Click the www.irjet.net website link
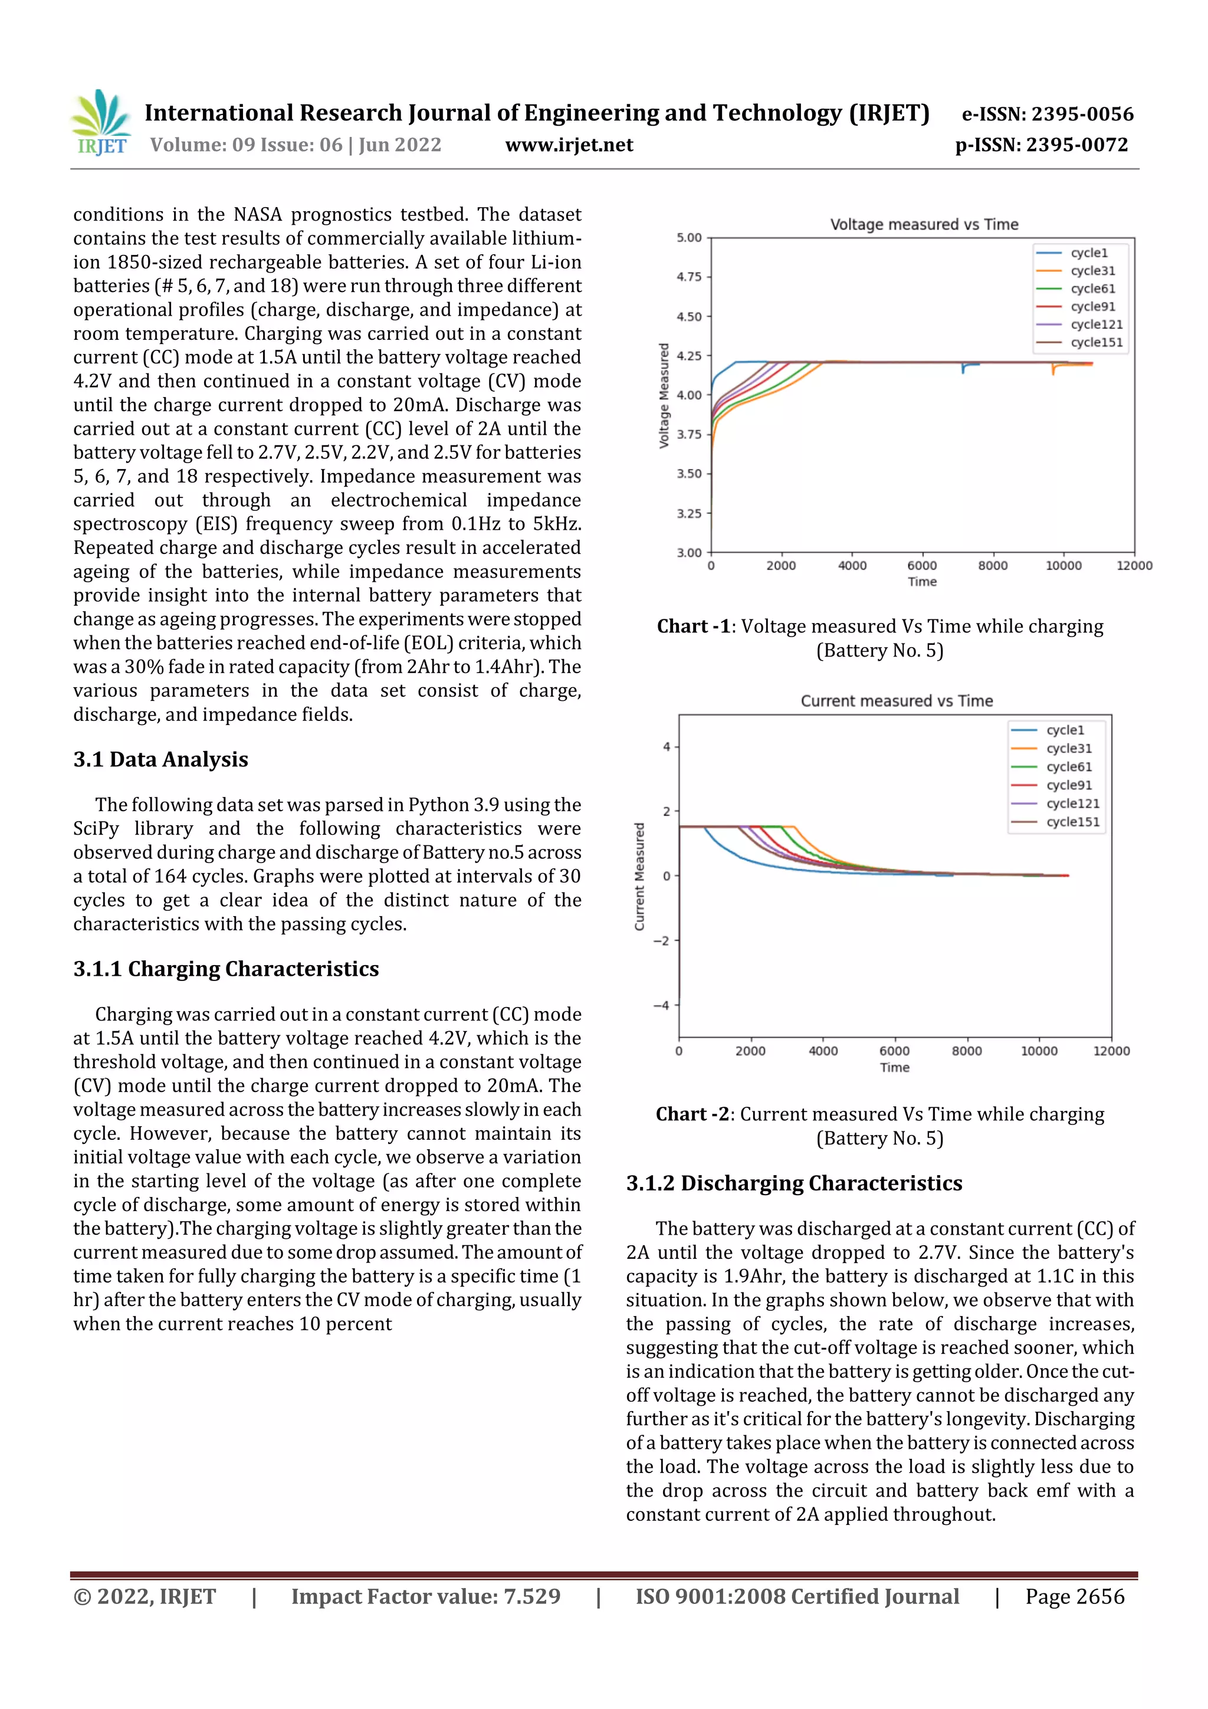click(x=569, y=145)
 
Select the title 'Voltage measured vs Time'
click(x=924, y=224)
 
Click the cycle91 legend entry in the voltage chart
click(x=1092, y=307)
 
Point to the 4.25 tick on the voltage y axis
click(x=688, y=356)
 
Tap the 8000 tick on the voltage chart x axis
click(x=992, y=566)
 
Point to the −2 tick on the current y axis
click(x=662, y=941)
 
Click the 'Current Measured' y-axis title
click(x=639, y=876)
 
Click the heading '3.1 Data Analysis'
click(x=161, y=759)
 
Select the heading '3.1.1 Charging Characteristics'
click(x=225, y=969)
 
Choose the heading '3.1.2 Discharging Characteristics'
click(x=793, y=1183)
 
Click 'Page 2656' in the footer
click(x=1074, y=1596)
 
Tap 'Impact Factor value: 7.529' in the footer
click(x=425, y=1596)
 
